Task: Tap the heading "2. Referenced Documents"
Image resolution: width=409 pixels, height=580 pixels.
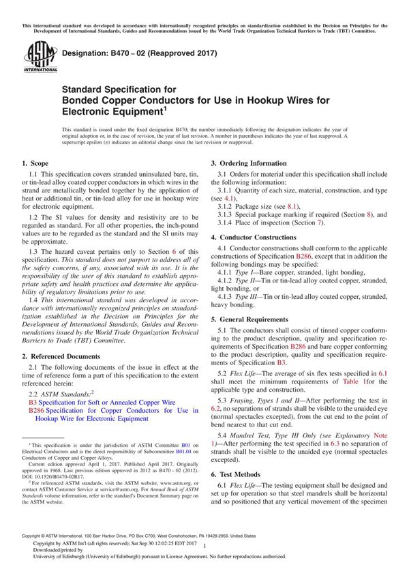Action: tap(61, 356)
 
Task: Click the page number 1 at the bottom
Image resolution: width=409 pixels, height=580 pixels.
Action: tap(204, 557)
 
